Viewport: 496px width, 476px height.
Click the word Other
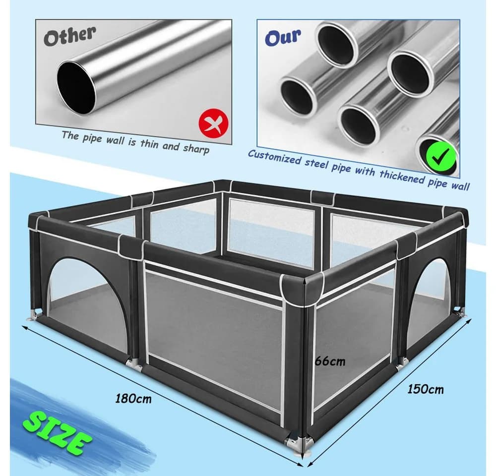[69, 36]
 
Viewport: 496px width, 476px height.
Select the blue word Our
[283, 37]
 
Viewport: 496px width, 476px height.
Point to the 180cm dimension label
[133, 398]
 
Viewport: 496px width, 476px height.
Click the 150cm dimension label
[425, 389]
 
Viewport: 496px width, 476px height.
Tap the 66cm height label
[330, 361]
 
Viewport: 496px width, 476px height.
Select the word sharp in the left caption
[196, 148]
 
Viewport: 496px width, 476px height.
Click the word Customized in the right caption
[274, 157]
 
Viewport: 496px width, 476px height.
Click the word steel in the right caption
[317, 164]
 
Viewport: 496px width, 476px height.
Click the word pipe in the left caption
[92, 138]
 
